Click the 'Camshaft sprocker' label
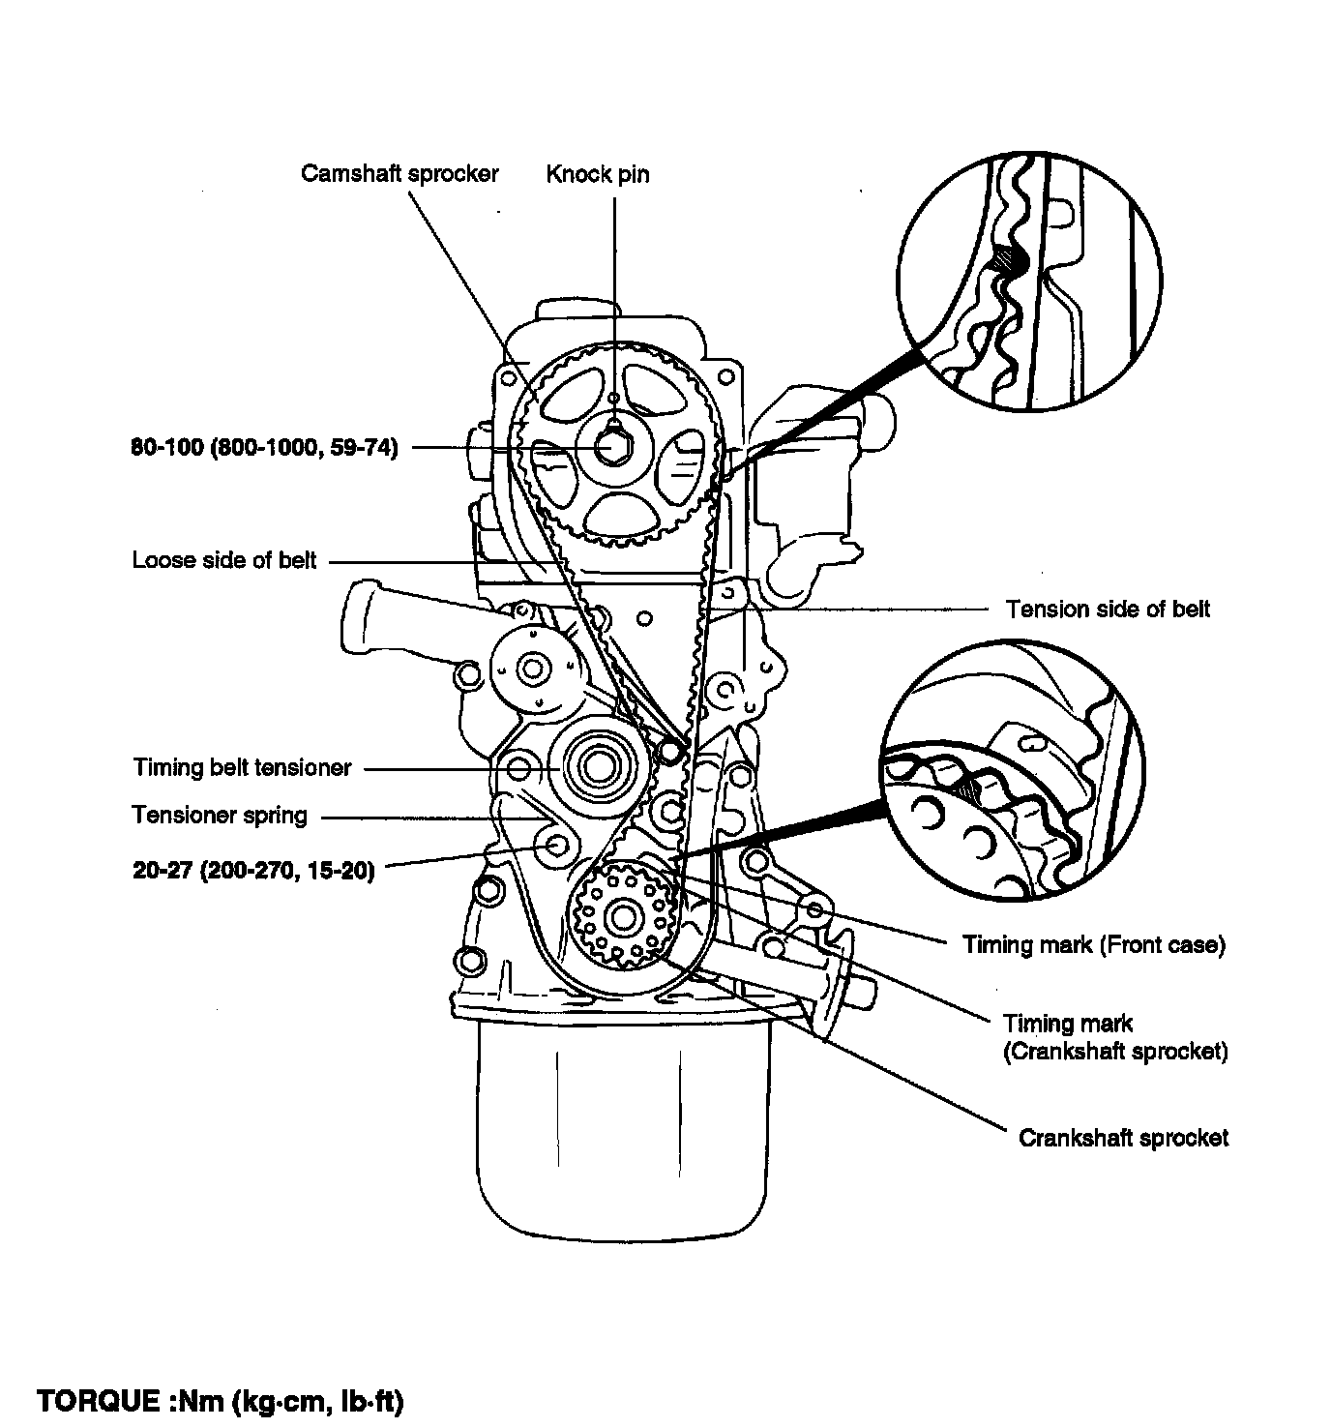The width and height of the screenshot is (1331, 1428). pyautogui.click(x=399, y=174)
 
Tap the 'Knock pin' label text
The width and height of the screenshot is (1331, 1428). pyautogui.click(x=598, y=174)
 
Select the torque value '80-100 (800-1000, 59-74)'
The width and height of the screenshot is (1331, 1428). pyautogui.click(x=264, y=448)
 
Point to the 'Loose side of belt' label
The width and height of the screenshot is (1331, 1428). pyautogui.click(x=223, y=560)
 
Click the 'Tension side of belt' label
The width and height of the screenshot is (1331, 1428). pyautogui.click(x=1108, y=609)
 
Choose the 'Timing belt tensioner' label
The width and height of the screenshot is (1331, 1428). pyautogui.click(x=243, y=767)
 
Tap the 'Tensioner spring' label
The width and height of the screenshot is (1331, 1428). pyautogui.click(x=220, y=815)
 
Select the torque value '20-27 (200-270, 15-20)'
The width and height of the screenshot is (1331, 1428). pyautogui.click(x=253, y=871)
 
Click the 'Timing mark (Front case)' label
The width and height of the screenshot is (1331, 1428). pyautogui.click(x=1094, y=944)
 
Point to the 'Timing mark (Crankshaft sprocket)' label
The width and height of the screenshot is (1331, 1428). pyautogui.click(x=1115, y=1037)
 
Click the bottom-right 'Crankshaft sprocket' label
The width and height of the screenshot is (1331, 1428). pyautogui.click(x=1123, y=1138)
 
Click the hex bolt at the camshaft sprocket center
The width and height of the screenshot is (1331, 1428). pyautogui.click(x=612, y=447)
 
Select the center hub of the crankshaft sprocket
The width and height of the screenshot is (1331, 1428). pyautogui.click(x=623, y=918)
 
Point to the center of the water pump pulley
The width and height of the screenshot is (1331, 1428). pyautogui.click(x=532, y=669)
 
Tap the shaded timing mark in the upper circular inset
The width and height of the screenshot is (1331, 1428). pyautogui.click(x=1007, y=259)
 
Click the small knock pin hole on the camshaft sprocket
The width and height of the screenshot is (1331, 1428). pyautogui.click(x=612, y=398)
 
